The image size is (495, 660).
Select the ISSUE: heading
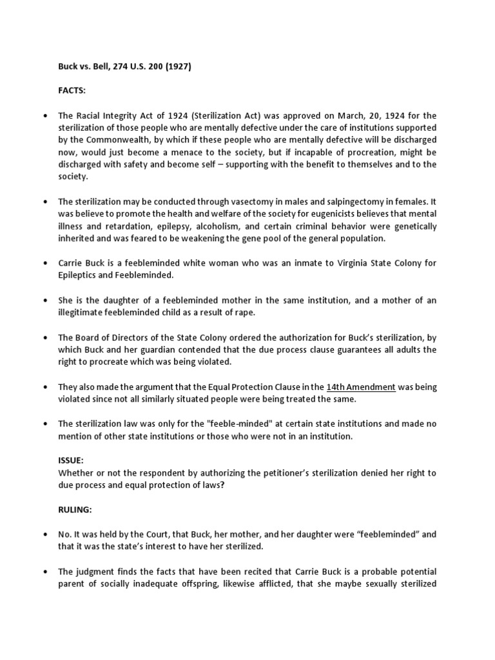(x=72, y=461)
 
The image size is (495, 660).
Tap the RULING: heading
(x=75, y=509)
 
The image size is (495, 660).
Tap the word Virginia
(x=324, y=264)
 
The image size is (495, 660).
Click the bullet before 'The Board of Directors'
(x=44, y=338)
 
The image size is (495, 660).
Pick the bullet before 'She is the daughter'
(x=44, y=301)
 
